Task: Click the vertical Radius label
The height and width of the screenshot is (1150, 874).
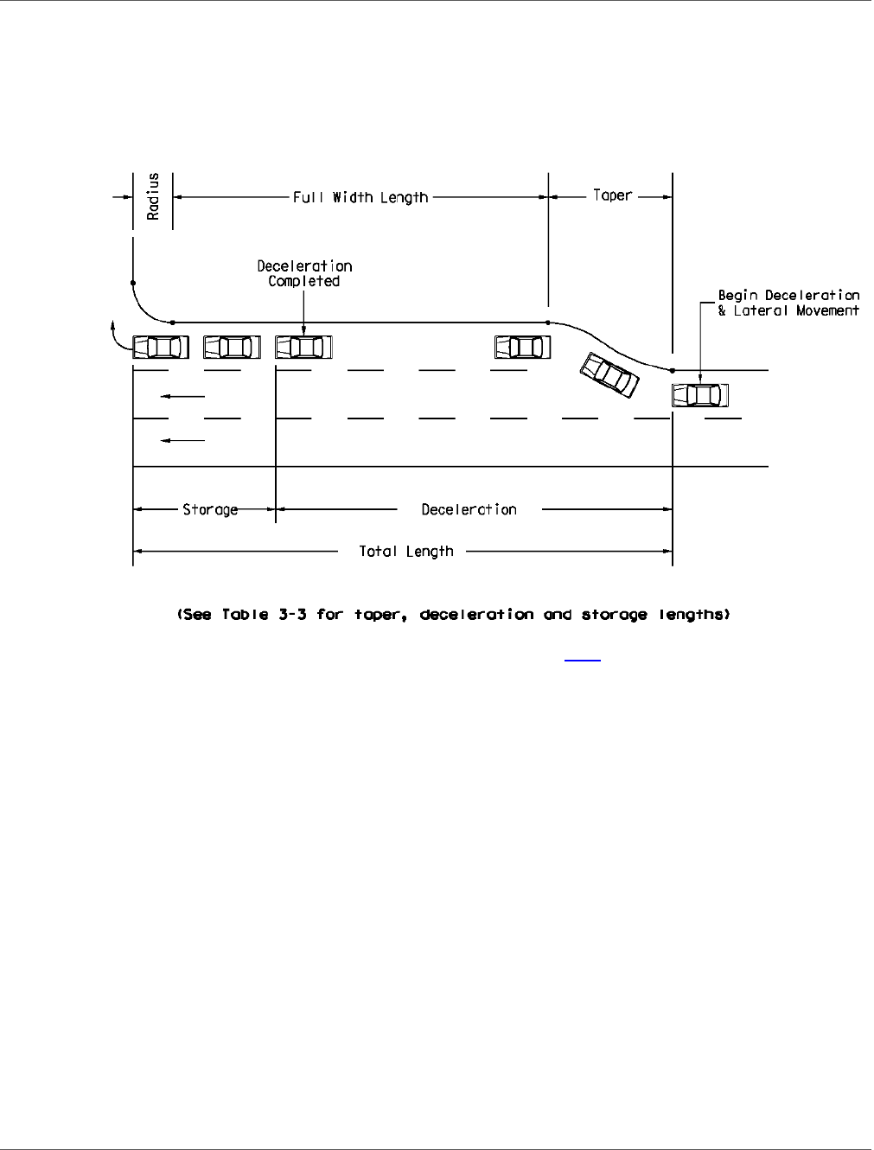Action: (x=153, y=197)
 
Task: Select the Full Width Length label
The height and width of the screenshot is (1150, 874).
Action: (x=360, y=198)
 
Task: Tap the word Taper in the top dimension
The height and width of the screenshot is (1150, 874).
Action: (x=612, y=195)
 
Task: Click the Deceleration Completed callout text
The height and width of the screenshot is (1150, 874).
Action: (x=304, y=273)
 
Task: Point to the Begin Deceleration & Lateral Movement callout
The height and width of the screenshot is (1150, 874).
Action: (x=788, y=303)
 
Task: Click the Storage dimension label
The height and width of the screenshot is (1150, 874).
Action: (x=210, y=510)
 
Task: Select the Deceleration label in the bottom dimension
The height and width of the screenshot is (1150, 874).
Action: (x=469, y=510)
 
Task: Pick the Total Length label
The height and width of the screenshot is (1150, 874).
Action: (x=406, y=552)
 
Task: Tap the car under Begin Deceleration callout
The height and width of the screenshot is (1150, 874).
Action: (x=700, y=395)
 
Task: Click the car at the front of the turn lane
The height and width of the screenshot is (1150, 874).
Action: (x=161, y=348)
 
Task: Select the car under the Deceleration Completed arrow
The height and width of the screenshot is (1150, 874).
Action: (x=303, y=348)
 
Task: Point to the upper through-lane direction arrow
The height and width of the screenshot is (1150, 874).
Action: (x=182, y=397)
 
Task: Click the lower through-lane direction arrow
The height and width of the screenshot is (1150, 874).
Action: (x=182, y=441)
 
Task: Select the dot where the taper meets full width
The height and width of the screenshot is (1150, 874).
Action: (x=548, y=323)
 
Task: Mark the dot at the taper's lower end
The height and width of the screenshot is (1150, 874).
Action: (x=672, y=370)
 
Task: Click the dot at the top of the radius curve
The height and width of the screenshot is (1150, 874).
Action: (x=133, y=283)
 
